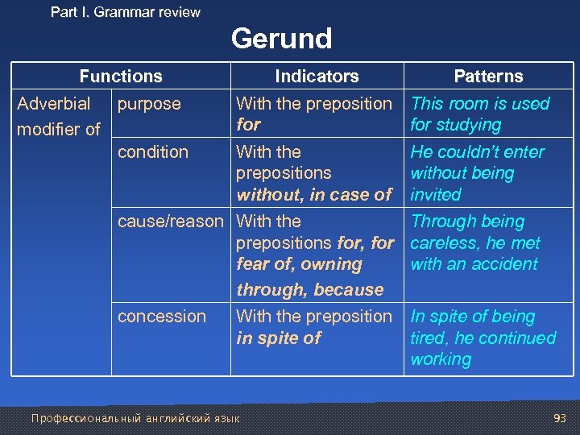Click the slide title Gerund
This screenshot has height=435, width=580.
281,39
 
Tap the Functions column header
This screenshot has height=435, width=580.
121,77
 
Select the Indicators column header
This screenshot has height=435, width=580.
317,77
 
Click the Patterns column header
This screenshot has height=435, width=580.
488,77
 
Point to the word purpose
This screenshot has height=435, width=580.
149,104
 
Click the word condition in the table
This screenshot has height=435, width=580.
153,152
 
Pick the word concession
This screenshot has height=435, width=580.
162,317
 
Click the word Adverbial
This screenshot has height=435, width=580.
54,104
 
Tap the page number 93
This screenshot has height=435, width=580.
561,418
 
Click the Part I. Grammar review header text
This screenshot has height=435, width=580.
126,12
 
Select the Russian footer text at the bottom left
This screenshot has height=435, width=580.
135,418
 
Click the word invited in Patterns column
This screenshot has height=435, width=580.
436,195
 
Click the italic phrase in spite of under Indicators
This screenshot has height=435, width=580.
279,338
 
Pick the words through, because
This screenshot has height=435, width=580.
310,290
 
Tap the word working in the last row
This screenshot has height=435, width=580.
441,360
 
